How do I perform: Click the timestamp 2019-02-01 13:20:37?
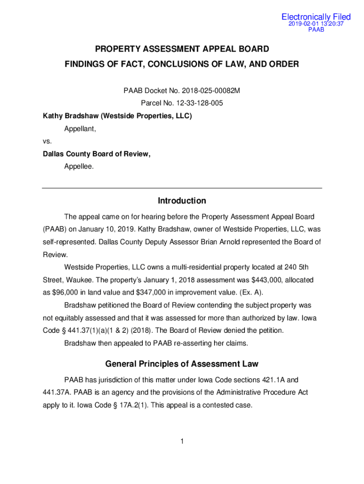pyautogui.click(x=316, y=24)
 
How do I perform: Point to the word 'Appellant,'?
pyautogui.click(x=80, y=128)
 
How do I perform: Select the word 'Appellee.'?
pyautogui.click(x=79, y=166)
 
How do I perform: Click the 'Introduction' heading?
pyautogui.click(x=182, y=201)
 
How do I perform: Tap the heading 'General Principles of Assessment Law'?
pyautogui.click(x=182, y=364)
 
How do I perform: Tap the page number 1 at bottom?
pyautogui.click(x=182, y=441)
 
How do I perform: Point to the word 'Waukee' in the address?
pyautogui.click(x=74, y=280)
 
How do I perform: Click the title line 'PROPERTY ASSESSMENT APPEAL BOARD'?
pyautogui.click(x=182, y=49)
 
